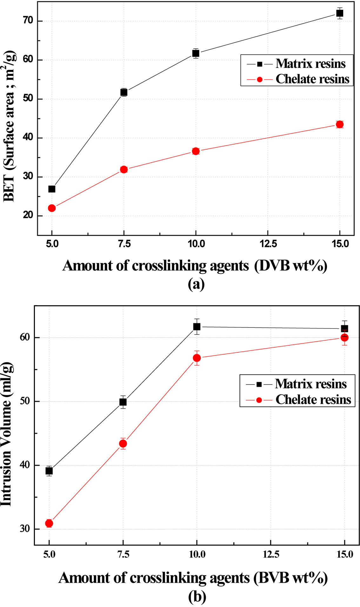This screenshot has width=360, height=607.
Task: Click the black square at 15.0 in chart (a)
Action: [340, 13]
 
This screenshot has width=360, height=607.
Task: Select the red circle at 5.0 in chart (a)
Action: [52, 208]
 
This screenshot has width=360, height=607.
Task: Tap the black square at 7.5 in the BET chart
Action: [124, 92]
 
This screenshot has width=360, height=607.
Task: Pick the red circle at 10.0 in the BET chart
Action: [196, 151]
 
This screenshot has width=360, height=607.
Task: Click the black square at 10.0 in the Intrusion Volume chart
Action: [197, 327]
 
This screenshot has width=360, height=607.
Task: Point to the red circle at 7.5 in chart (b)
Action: [123, 444]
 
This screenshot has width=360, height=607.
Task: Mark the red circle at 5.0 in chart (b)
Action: [49, 524]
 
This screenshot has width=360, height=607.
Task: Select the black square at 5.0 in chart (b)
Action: [49, 471]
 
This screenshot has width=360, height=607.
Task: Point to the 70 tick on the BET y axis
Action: [28, 21]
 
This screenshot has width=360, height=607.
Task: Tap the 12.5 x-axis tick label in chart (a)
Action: [269, 244]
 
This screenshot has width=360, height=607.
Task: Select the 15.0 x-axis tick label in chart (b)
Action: [345, 555]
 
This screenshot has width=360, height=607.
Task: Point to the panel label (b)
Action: [197, 597]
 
